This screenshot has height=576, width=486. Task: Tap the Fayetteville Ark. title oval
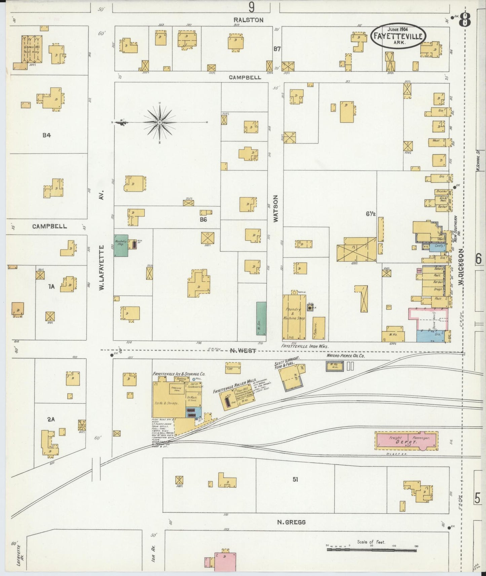[x=398, y=36]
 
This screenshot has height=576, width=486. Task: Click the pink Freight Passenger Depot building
[x=406, y=441]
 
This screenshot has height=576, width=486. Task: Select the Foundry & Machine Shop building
[x=294, y=317]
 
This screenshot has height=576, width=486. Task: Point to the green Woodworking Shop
[x=121, y=246]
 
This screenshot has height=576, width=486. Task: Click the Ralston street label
[x=249, y=20]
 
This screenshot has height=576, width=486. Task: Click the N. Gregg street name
[x=291, y=522]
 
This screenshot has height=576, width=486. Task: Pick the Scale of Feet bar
[x=371, y=550]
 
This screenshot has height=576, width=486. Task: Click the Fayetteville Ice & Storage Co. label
[x=179, y=374]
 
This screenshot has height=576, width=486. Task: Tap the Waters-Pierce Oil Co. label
[x=346, y=356]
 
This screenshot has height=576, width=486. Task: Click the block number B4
[x=46, y=135]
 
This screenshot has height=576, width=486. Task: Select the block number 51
[x=295, y=480]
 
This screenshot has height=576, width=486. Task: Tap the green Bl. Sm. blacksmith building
[x=261, y=318]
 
